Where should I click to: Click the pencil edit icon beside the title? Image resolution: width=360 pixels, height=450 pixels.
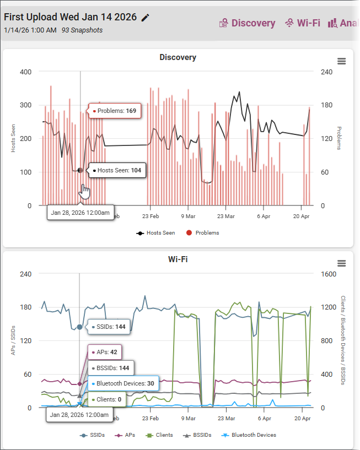pyautogui.click(x=146, y=18)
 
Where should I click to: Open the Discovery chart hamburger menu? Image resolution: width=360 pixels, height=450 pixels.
pyautogui.click(x=341, y=61)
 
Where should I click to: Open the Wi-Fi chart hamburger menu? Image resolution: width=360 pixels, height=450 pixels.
pyautogui.click(x=341, y=263)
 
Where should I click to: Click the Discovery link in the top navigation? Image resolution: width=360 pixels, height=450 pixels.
pyautogui.click(x=247, y=23)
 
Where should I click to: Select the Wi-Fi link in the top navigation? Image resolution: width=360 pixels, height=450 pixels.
pyautogui.click(x=303, y=23)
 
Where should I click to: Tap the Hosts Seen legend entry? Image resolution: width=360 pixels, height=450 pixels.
pyautogui.click(x=155, y=233)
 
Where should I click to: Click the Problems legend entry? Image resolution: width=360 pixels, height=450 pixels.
pyautogui.click(x=202, y=233)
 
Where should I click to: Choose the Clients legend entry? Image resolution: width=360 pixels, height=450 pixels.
pyautogui.click(x=159, y=435)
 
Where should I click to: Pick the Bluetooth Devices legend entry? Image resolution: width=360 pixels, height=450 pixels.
pyautogui.click(x=249, y=435)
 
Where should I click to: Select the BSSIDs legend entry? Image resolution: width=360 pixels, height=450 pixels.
pyautogui.click(x=197, y=435)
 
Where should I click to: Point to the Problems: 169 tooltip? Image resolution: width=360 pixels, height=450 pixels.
pyautogui.click(x=115, y=111)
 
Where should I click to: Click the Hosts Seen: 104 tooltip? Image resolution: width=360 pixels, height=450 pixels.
pyautogui.click(x=117, y=171)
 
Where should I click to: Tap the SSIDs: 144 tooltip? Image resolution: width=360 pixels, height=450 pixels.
pyautogui.click(x=109, y=327)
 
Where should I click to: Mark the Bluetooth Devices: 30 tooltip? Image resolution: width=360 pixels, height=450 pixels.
pyautogui.click(x=123, y=383)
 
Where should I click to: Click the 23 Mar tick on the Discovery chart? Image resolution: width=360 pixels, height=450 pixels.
pyautogui.click(x=226, y=216)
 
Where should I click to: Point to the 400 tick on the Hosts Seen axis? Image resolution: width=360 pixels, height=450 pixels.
pyautogui.click(x=25, y=72)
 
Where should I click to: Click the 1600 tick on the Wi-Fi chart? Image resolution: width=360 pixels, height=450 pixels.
pyautogui.click(x=329, y=274)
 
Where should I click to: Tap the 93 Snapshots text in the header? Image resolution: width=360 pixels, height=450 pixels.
pyautogui.click(x=82, y=30)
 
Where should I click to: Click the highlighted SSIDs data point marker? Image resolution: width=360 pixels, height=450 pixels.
pyautogui.click(x=79, y=327)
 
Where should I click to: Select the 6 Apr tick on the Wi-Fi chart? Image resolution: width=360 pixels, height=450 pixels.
pyautogui.click(x=264, y=418)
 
